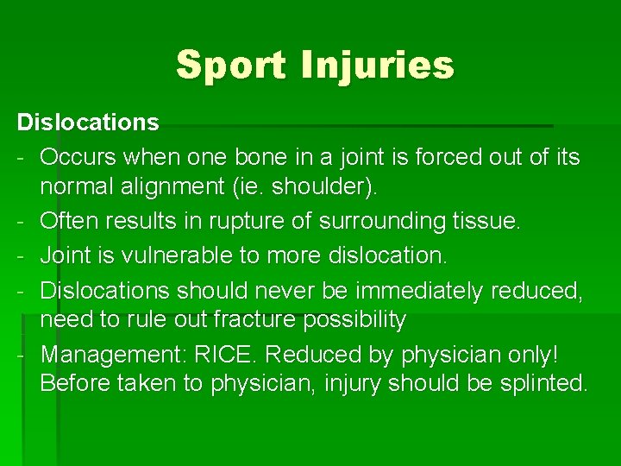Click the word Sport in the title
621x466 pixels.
click(230, 65)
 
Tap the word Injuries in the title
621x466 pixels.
click(377, 65)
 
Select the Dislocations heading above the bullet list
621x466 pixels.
click(88, 123)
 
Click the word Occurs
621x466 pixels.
click(78, 157)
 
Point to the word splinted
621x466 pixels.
click(543, 382)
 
